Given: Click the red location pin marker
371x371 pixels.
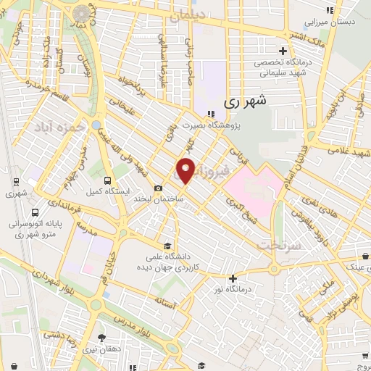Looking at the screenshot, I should click(x=185, y=170).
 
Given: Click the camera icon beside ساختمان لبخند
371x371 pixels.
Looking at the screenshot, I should click(x=159, y=188).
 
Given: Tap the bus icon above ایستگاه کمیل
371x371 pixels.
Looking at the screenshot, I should click(x=107, y=180).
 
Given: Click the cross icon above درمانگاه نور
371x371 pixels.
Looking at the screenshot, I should click(x=233, y=278).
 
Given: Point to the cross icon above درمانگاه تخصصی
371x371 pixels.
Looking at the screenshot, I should click(x=283, y=51).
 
